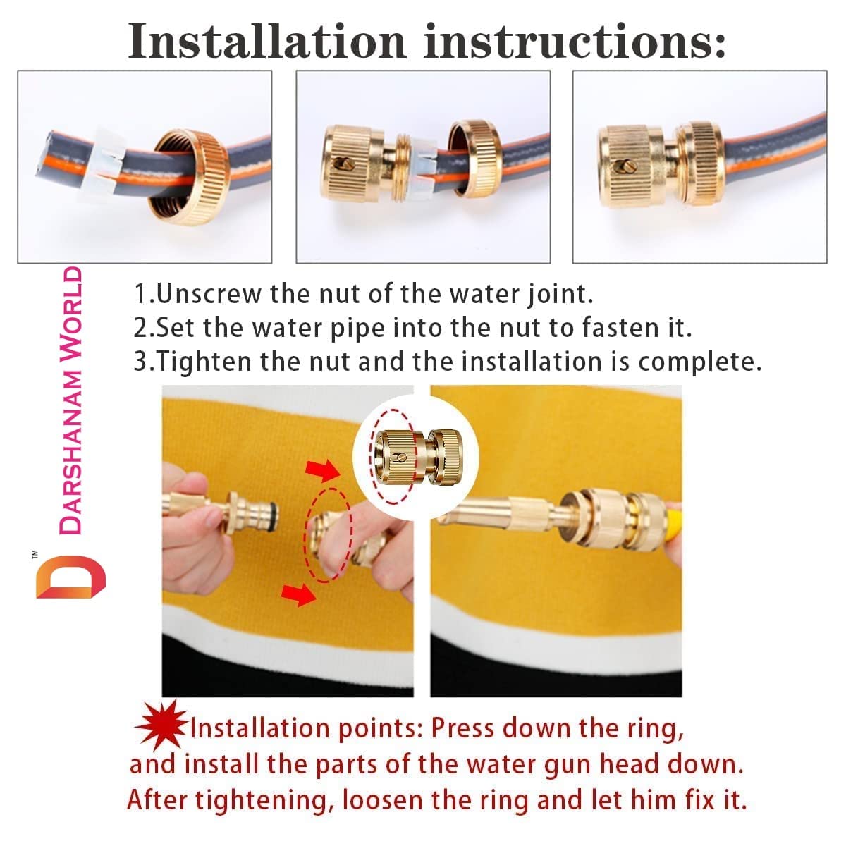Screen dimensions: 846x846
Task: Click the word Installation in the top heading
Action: (x=267, y=41)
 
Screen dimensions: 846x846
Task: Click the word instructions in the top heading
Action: (x=575, y=41)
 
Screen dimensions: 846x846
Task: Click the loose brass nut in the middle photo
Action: (x=474, y=159)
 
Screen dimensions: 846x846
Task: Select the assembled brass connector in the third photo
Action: (x=658, y=165)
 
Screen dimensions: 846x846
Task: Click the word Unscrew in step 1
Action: (x=209, y=294)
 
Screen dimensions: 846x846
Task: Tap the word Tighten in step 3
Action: (x=204, y=362)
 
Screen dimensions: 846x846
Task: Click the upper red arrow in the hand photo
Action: (x=323, y=471)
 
